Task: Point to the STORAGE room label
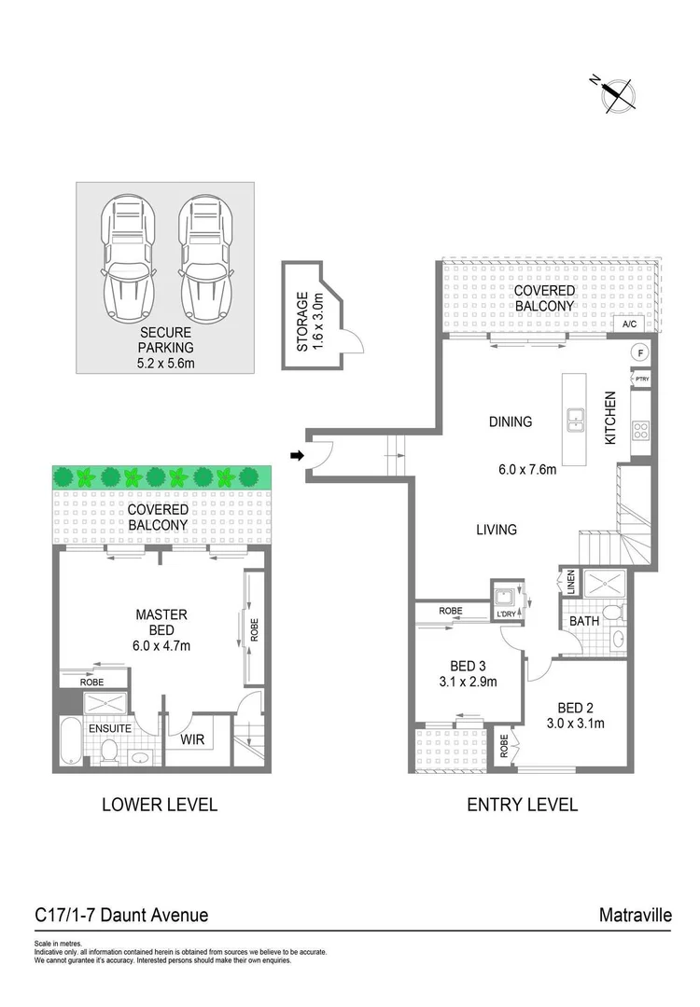(301, 322)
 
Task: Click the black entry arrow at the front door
(298, 455)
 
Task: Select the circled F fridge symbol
(640, 352)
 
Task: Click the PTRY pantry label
(641, 379)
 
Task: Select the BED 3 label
(454, 665)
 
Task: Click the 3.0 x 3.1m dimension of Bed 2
(576, 722)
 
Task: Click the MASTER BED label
(161, 622)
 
